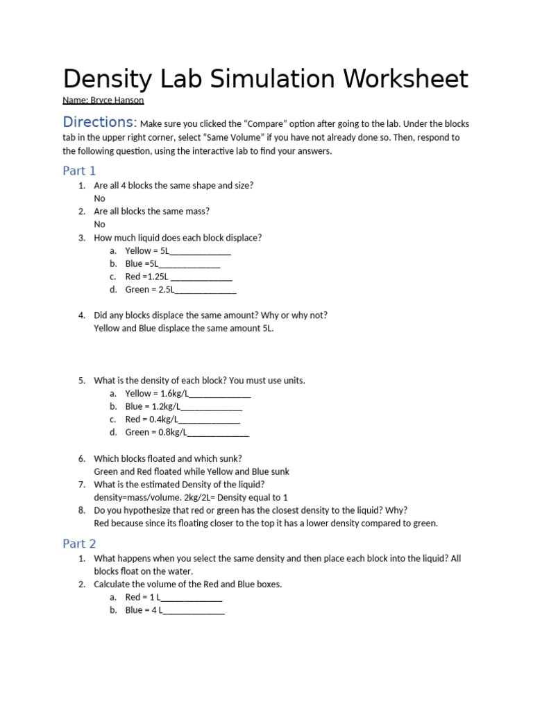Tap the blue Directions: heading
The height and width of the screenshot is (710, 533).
[x=99, y=123]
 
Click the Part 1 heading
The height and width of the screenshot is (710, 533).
[x=79, y=171]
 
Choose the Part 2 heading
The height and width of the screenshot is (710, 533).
[x=79, y=544]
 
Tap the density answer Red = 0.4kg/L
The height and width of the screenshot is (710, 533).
[x=152, y=419]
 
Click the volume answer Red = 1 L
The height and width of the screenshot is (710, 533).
[x=143, y=597]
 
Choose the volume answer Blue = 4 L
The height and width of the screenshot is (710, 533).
[x=144, y=610]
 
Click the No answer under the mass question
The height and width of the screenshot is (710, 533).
[x=100, y=225]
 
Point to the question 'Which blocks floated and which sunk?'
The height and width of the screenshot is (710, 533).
[x=168, y=458]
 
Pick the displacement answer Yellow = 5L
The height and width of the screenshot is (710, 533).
[x=147, y=251]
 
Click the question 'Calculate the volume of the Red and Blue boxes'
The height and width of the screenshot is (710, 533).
[x=187, y=585]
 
